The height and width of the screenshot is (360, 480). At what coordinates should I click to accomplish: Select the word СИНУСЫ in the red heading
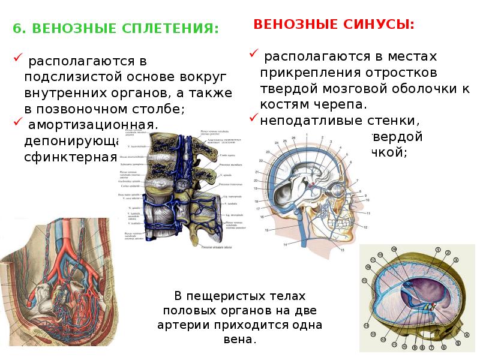(379, 25)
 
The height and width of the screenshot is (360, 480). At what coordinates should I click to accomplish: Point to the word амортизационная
(91, 125)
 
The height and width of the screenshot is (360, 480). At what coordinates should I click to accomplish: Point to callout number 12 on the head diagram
(365, 227)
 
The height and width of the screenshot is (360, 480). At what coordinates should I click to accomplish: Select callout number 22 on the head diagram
(260, 161)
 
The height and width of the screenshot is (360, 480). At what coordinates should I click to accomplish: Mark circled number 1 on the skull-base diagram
(439, 250)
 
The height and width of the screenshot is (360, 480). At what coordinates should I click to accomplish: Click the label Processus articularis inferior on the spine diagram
(217, 247)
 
